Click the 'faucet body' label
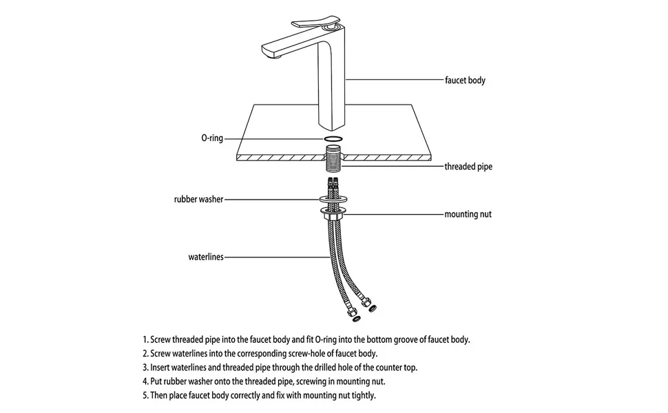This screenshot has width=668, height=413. click(x=465, y=81)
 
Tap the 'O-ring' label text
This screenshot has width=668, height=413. click(x=212, y=138)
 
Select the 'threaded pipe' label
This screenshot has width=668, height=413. click(x=468, y=166)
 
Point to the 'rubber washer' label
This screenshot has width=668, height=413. click(x=198, y=200)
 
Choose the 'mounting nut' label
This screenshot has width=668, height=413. click(x=468, y=214)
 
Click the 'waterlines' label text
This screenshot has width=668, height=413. click(x=206, y=257)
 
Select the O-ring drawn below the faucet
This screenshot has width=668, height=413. click(x=334, y=138)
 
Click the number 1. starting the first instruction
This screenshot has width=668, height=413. click(x=146, y=339)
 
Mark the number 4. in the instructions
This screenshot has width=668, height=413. click(x=146, y=381)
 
